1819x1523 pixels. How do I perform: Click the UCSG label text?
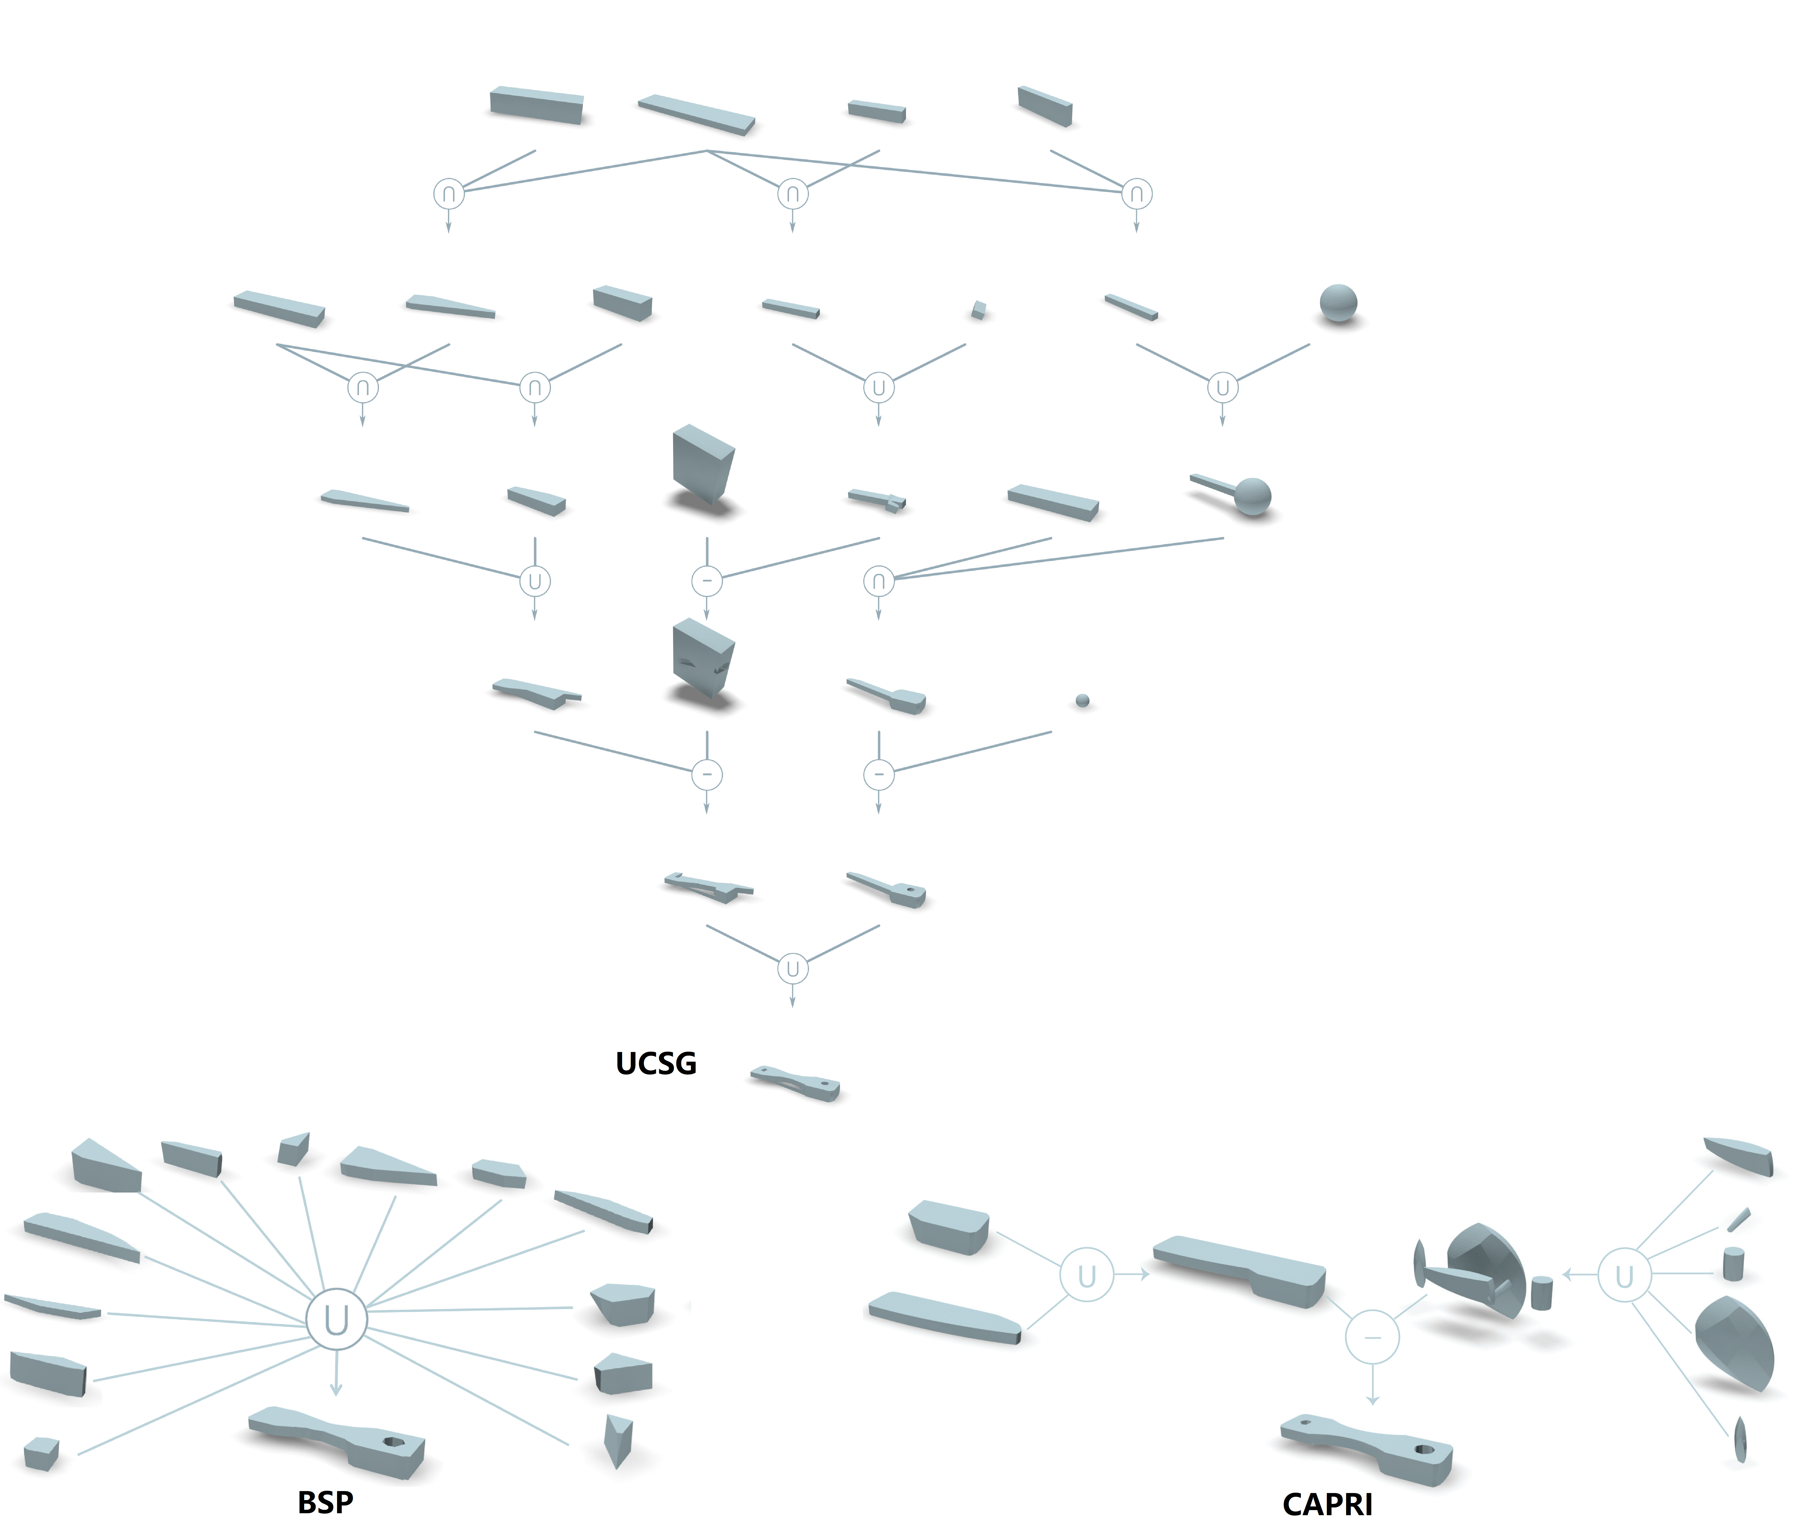[x=656, y=1063]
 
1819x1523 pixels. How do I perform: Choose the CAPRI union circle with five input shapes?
[x=1624, y=1275]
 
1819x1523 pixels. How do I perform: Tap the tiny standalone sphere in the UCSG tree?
[x=1082, y=701]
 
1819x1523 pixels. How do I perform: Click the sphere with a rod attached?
[x=1232, y=494]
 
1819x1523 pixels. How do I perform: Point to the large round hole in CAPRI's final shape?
[x=1424, y=1449]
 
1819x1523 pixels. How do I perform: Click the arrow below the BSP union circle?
[x=336, y=1373]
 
